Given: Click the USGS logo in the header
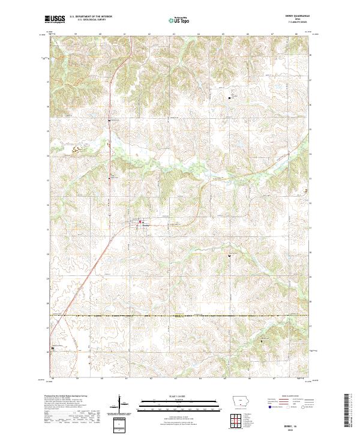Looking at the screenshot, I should coord(54,19).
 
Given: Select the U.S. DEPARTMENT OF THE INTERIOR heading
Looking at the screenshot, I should coord(91,17).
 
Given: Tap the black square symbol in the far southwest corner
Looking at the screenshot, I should coord(52,347).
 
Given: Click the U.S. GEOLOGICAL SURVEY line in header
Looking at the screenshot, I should coord(91,20).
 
